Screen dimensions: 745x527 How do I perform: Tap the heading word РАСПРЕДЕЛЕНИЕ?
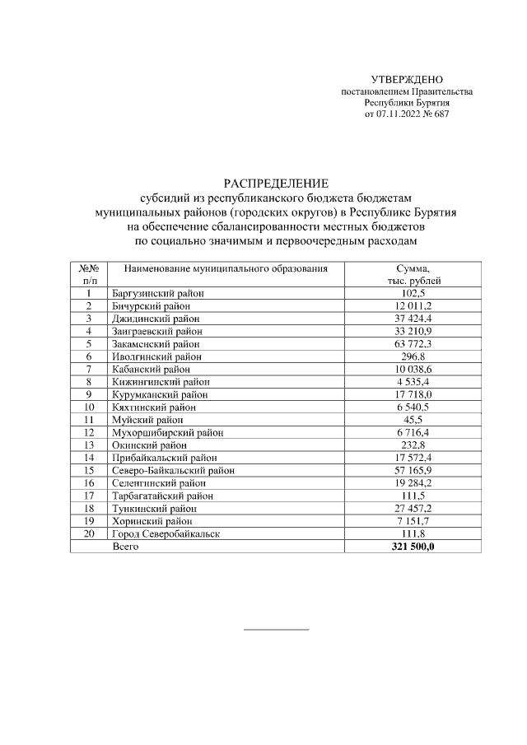(x=276, y=183)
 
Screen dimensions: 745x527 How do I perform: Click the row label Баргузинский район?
(x=157, y=293)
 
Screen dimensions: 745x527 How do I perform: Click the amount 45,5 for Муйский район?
(x=413, y=420)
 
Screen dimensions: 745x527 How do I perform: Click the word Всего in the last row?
(x=125, y=547)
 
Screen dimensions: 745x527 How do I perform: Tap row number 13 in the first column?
(x=88, y=445)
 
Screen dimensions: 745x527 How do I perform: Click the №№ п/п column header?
(x=88, y=275)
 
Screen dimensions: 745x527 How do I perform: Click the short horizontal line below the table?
(x=276, y=630)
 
